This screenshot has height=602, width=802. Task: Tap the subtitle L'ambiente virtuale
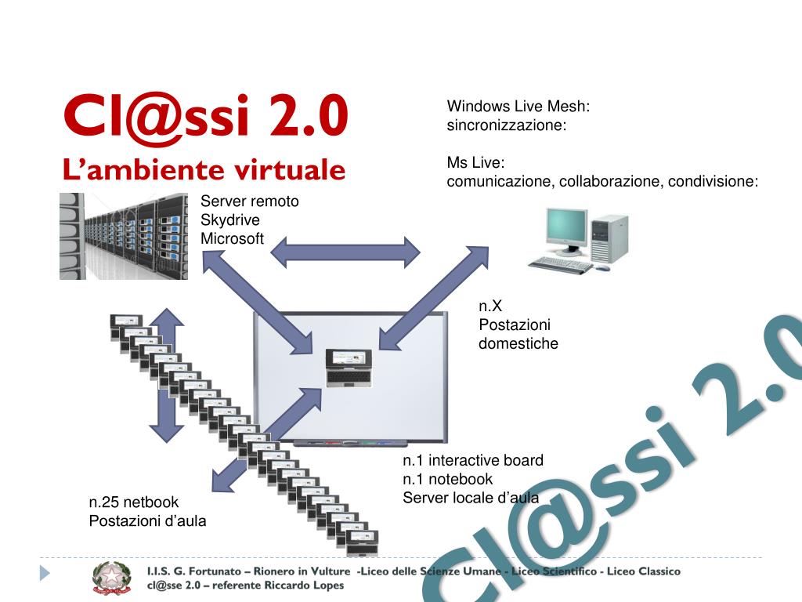click(204, 170)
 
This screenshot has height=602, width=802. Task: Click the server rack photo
click(123, 236)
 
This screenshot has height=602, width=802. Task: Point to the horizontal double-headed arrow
click(345, 252)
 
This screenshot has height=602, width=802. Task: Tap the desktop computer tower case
click(609, 237)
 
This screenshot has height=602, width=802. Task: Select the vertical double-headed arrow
click(166, 375)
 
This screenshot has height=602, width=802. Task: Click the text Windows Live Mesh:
click(518, 107)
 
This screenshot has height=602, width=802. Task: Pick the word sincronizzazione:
click(506, 125)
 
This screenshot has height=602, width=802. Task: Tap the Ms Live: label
click(475, 163)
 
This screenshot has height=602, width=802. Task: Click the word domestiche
click(518, 343)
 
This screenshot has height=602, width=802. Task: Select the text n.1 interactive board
click(472, 460)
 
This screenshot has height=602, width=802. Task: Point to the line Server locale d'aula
click(471, 497)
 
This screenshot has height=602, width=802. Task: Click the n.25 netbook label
click(134, 502)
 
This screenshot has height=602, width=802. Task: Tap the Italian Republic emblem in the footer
click(112, 578)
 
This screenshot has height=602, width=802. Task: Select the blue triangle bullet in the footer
click(45, 574)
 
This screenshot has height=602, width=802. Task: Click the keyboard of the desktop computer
click(561, 265)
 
